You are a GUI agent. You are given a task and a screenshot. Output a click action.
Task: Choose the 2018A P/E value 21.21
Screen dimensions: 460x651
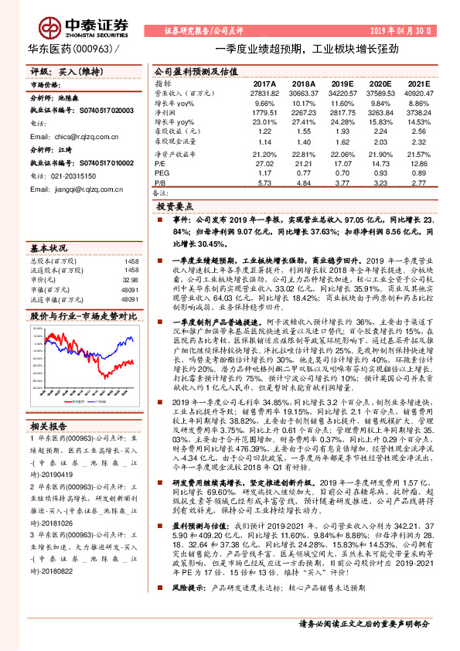point(303,164)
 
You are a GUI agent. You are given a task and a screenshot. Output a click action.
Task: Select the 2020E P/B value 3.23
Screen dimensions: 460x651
point(380,183)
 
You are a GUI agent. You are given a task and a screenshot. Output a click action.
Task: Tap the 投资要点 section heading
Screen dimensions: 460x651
point(175,207)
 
